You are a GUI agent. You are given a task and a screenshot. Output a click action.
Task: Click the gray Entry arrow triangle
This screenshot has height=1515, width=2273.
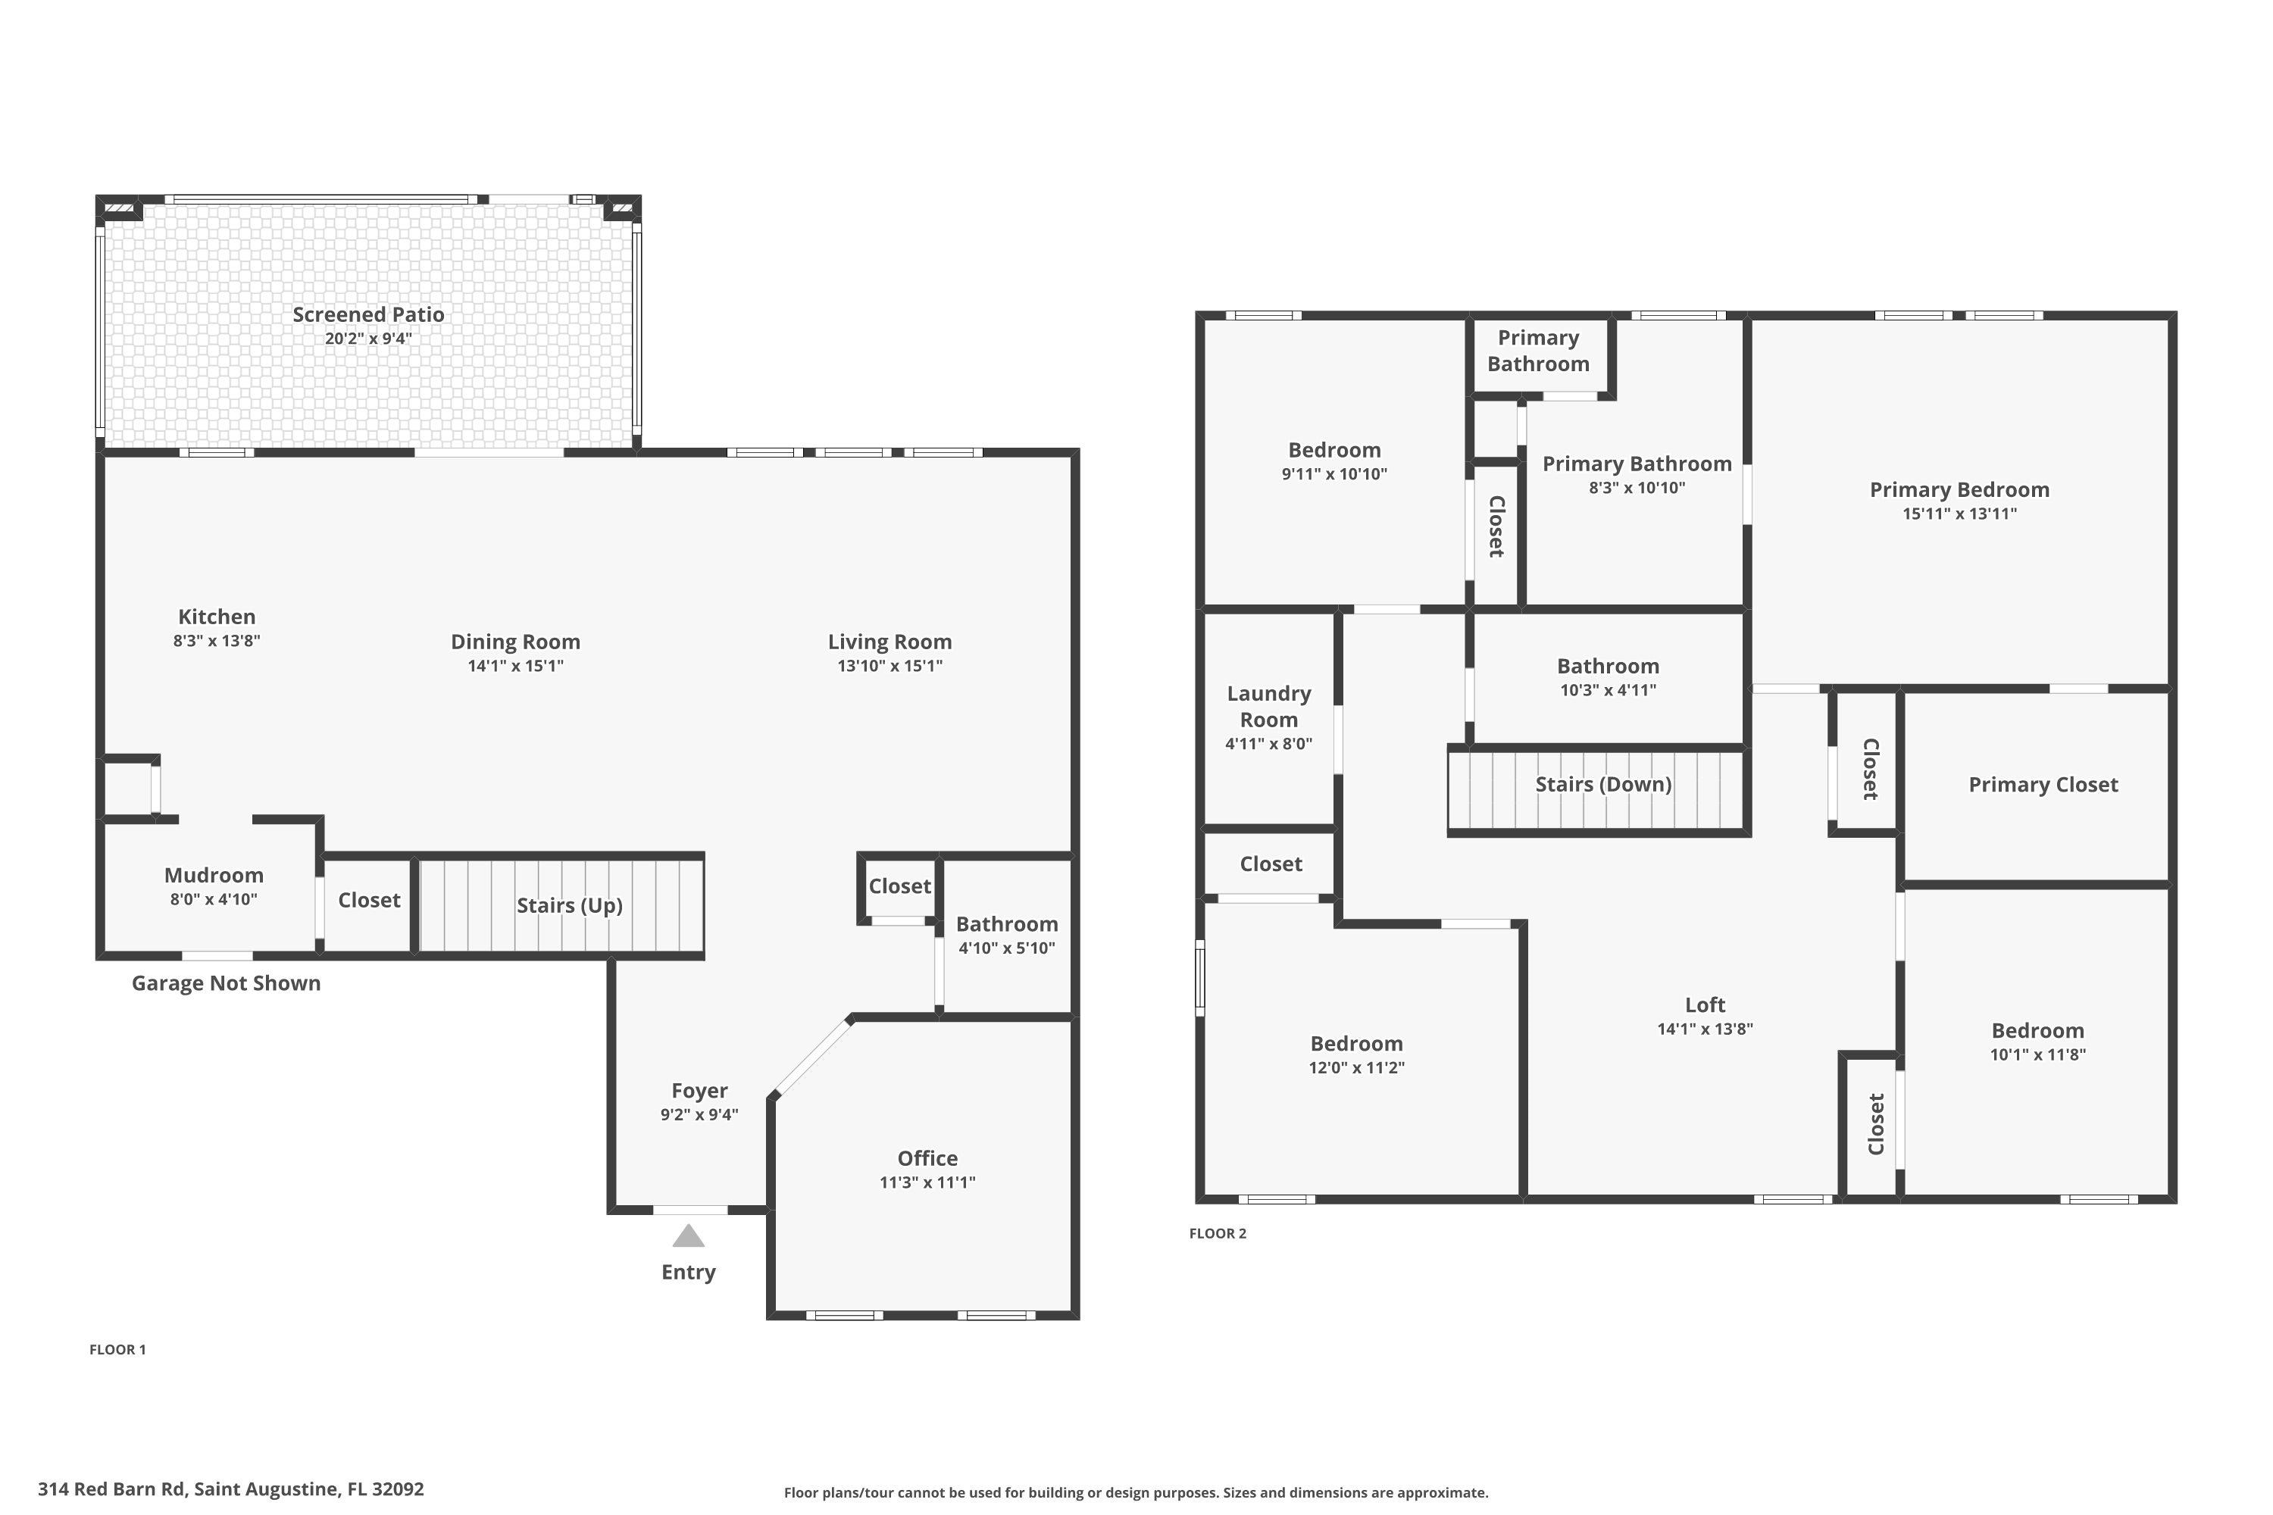(x=688, y=1237)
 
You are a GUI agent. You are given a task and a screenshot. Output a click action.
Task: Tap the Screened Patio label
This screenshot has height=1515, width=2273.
(x=368, y=314)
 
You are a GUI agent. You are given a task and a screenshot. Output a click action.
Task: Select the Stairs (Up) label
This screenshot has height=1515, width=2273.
(x=569, y=905)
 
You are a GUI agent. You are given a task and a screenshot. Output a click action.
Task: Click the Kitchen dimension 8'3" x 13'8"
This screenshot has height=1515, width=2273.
(x=217, y=641)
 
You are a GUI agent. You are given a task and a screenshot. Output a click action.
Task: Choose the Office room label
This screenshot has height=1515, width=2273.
(x=927, y=1158)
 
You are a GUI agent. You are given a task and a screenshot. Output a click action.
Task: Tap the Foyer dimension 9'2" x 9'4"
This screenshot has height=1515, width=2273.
(x=699, y=1114)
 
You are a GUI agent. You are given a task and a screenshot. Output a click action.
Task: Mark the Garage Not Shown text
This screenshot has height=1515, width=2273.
(x=226, y=982)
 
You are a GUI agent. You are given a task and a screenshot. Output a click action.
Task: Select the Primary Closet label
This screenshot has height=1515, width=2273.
(x=2043, y=785)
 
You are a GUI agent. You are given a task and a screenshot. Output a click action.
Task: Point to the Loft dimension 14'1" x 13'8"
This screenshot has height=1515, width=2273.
(x=1705, y=1029)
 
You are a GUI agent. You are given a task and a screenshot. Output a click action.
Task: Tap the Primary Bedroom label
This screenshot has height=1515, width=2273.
(x=1959, y=490)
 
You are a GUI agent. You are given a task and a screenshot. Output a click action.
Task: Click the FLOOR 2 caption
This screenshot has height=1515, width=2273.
(x=1218, y=1233)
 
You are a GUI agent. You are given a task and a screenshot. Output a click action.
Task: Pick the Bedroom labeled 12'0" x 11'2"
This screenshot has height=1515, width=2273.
(x=1356, y=1044)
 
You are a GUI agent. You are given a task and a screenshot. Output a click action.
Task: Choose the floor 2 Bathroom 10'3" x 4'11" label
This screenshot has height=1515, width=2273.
(x=1607, y=667)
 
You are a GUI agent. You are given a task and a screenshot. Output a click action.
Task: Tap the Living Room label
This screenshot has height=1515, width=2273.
(x=889, y=642)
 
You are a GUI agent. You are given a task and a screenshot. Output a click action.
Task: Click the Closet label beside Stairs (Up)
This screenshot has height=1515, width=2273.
(x=369, y=901)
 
